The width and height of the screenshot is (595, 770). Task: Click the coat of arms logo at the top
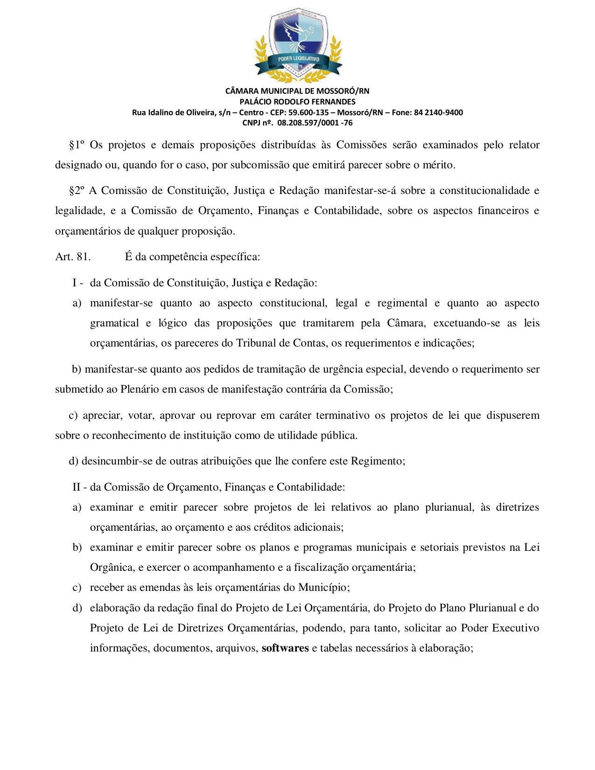pyautogui.click(x=298, y=44)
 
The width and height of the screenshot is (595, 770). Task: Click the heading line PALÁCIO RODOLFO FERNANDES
pyautogui.click(x=297, y=102)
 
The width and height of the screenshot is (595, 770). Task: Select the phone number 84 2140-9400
pyautogui.click(x=438, y=112)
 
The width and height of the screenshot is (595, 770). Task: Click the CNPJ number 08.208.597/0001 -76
pyautogui.click(x=315, y=123)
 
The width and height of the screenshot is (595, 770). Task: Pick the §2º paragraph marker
pyautogui.click(x=77, y=191)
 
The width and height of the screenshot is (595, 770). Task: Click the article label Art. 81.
pyautogui.click(x=73, y=257)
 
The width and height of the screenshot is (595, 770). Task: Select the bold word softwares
pyautogui.click(x=285, y=648)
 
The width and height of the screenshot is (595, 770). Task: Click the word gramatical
pyautogui.click(x=114, y=323)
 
